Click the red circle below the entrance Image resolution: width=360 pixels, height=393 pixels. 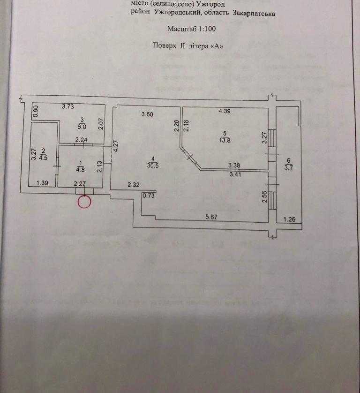point(84,202)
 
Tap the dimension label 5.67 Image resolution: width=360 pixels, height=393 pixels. point(214,217)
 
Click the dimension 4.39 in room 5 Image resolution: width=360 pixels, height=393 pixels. point(223,111)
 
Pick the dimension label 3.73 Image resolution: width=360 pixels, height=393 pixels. point(68,107)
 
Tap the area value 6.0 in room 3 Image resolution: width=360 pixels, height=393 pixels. point(81,126)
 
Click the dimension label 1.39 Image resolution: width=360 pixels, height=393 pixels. point(43,183)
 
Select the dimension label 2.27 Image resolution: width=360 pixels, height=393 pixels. point(80,184)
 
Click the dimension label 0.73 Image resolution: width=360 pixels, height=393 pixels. point(149,196)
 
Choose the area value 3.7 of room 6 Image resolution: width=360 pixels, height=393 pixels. point(288,167)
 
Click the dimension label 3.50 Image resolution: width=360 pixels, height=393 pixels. point(148,114)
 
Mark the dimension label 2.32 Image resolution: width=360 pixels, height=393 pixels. point(134,185)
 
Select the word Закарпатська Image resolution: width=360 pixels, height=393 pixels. point(254,14)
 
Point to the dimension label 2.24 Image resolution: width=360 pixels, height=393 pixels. point(82,139)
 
